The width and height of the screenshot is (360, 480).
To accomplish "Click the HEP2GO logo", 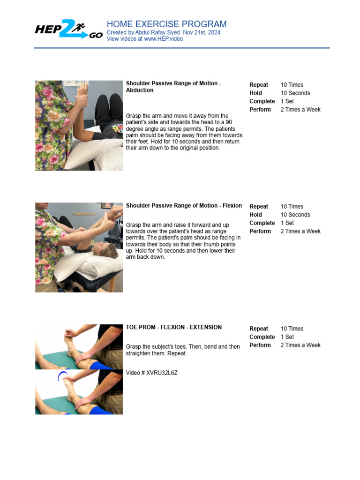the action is pos(69,30).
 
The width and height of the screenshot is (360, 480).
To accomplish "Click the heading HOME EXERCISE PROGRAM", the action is pos(166,24).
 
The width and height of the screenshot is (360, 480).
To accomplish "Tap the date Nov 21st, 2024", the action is pos(202,32).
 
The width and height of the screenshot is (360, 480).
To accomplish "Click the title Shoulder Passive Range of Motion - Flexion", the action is pos(184,205).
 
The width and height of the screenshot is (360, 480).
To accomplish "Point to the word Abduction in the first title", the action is pos(140,90).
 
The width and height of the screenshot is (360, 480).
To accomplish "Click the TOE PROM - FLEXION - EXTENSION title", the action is pos(173,327).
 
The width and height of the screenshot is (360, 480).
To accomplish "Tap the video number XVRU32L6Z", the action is pos(162,373).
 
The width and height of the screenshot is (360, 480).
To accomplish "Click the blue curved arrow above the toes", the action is pos(63,375).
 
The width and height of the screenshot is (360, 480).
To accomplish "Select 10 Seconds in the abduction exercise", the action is pos(295,93).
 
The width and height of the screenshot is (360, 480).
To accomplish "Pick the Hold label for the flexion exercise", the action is pos(255,215).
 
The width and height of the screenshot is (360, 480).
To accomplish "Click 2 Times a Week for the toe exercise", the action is pos(300,345).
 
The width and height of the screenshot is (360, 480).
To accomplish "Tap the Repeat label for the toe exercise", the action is pos(259,329).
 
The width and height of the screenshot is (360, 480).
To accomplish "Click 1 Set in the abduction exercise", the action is pos(287,101).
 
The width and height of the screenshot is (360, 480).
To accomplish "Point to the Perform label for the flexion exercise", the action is pos(260,232).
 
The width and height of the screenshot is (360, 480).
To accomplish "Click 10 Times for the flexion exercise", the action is pos(292,207).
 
